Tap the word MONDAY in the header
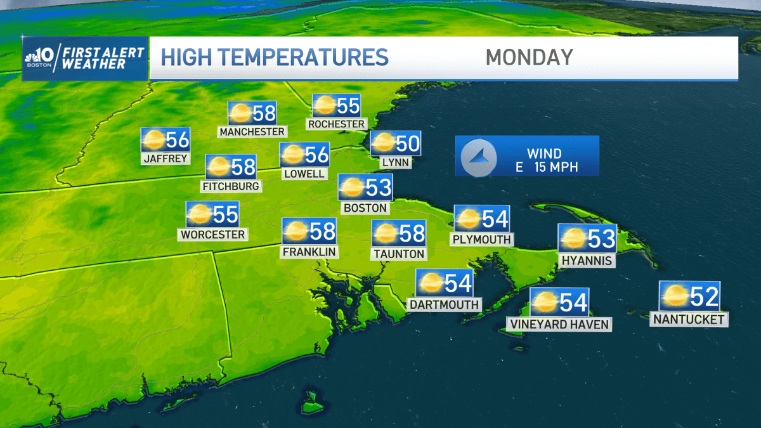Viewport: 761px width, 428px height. tap(529, 57)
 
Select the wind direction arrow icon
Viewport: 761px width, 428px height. tap(476, 156)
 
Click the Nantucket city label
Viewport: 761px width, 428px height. tap(689, 320)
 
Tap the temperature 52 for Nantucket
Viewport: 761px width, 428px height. tap(704, 296)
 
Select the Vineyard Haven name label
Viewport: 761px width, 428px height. tap(559, 325)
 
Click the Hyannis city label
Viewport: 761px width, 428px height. tap(587, 261)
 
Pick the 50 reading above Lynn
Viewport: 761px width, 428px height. tap(408, 144)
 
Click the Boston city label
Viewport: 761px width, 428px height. tap(364, 207)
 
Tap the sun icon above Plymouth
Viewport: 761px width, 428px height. tap(468, 219)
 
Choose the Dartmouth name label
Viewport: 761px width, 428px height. tap(444, 304)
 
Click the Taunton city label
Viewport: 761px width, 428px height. tap(398, 254)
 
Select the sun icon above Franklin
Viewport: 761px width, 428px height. tap(296, 232)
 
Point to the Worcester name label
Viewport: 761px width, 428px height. tap(212, 235)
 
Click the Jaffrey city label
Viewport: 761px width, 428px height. tap(166, 159)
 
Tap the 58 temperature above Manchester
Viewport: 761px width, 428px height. tap(264, 113)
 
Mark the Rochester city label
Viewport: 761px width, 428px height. tap(336, 124)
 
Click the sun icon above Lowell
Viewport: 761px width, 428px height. tap(292, 155)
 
